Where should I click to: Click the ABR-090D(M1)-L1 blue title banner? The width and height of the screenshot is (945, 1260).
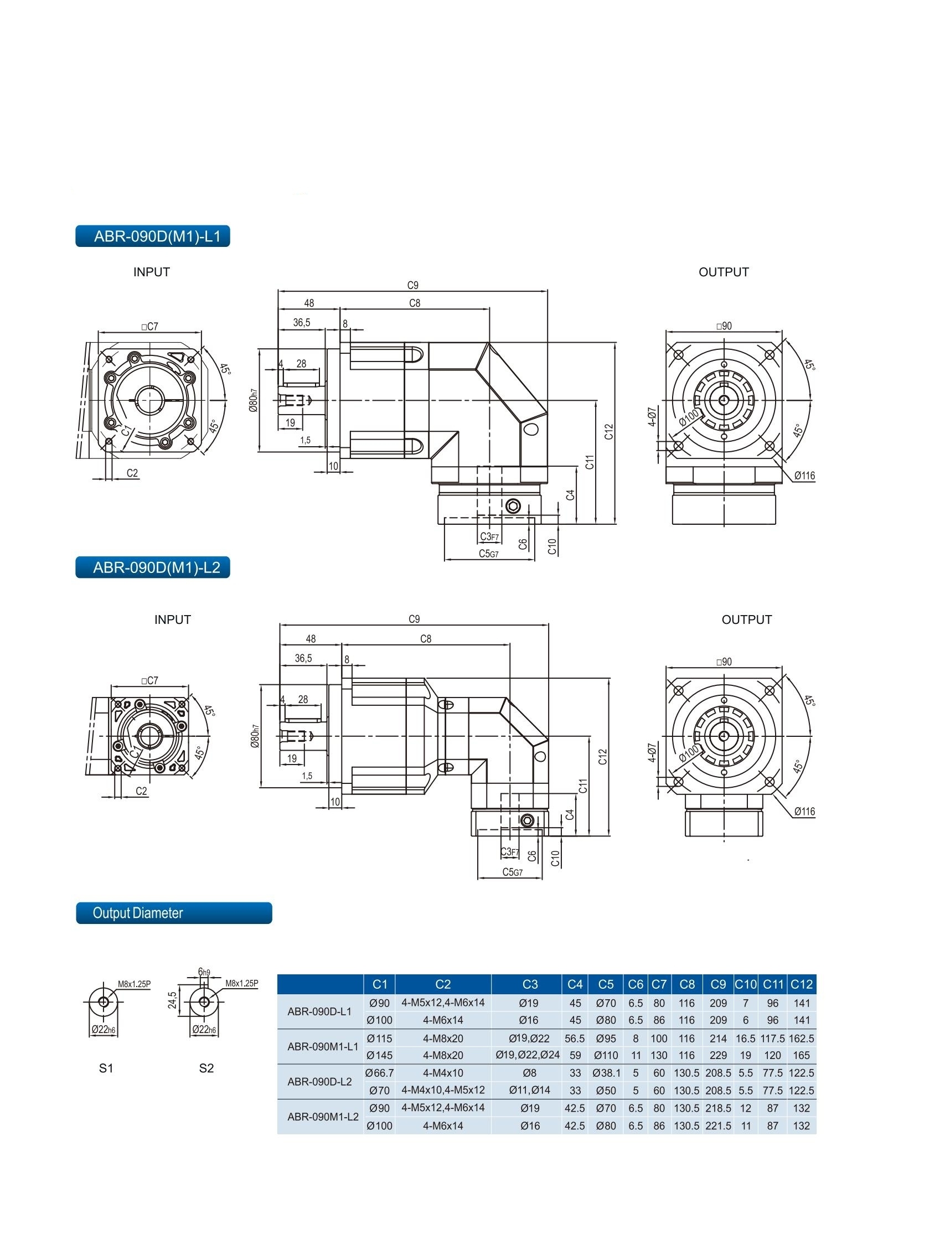[153, 236]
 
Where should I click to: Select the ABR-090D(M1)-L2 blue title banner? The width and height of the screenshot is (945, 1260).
[153, 567]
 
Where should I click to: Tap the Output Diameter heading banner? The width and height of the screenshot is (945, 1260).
[174, 913]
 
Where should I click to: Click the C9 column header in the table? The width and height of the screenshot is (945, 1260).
[717, 984]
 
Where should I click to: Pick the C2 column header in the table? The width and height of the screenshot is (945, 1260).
[442, 984]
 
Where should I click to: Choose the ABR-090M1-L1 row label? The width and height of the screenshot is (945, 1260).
[322, 1046]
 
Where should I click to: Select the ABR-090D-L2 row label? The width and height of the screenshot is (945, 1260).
[319, 1082]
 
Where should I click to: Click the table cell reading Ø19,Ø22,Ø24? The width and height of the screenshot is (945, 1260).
[528, 1055]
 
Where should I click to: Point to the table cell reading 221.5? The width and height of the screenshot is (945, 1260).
[717, 1125]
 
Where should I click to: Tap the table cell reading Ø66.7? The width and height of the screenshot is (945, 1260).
[379, 1072]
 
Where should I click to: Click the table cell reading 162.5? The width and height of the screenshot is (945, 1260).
[801, 1039]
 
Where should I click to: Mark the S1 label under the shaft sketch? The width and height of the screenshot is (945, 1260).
[106, 1068]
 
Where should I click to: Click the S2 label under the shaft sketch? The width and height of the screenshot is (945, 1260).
[206, 1068]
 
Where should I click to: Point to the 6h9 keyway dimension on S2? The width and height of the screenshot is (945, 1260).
[204, 972]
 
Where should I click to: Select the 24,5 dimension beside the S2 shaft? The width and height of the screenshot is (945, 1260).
[173, 1000]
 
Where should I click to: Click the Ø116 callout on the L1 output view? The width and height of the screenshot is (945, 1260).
[804, 476]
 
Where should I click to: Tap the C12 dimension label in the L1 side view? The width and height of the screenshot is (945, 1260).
[609, 432]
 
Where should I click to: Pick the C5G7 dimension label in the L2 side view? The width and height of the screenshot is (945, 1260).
[512, 872]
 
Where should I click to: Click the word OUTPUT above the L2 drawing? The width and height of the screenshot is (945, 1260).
[746, 619]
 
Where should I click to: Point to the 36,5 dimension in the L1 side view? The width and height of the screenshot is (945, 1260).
[301, 323]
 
